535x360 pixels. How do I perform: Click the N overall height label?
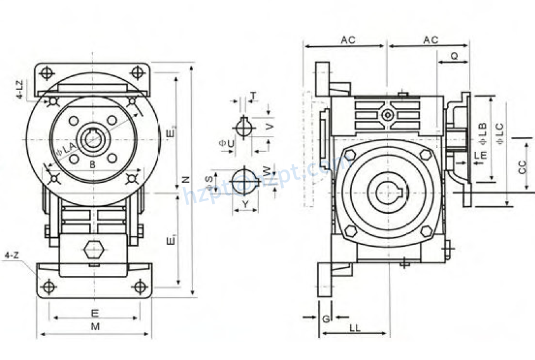(x=186, y=179)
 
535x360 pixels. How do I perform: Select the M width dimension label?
(x=95, y=326)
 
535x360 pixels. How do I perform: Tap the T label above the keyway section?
(x=253, y=96)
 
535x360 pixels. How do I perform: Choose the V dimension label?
(x=270, y=127)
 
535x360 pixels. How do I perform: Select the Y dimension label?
(x=245, y=204)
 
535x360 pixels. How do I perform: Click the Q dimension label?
(x=454, y=56)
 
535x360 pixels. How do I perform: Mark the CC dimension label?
(x=522, y=167)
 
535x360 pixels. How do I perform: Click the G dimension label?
(x=325, y=320)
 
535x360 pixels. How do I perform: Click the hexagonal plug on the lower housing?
(x=94, y=250)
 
